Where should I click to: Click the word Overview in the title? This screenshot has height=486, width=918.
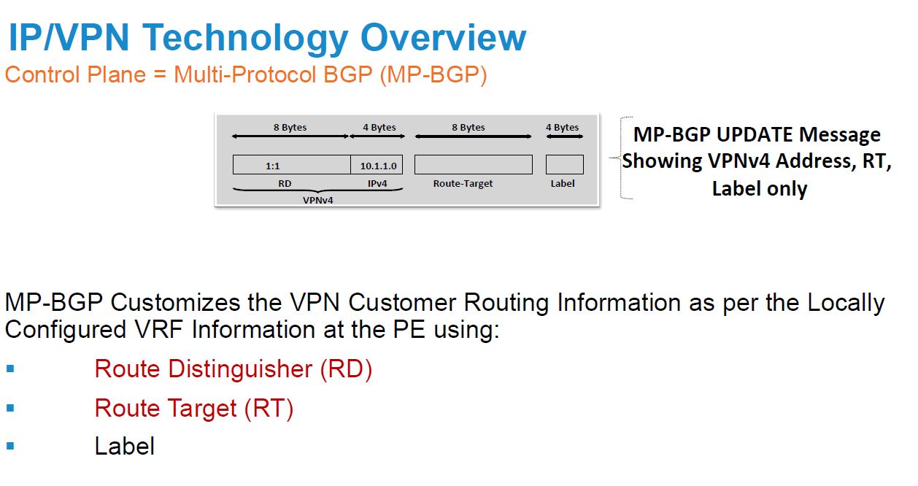(443, 37)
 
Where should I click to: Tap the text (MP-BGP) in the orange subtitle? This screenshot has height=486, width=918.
(433, 75)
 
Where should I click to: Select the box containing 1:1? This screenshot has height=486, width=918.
(291, 165)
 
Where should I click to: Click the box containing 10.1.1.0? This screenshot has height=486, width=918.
(377, 165)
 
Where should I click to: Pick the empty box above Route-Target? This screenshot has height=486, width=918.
(474, 165)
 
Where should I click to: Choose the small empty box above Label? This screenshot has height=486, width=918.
(564, 165)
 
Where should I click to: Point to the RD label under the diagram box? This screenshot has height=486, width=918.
(285, 184)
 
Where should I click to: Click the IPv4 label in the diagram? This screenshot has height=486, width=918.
(377, 184)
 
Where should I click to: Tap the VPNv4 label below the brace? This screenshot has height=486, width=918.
(317, 201)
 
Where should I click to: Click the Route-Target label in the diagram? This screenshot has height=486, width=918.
(463, 184)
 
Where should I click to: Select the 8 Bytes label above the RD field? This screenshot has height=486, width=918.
(290, 128)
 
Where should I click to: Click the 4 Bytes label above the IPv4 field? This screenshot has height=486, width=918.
(379, 128)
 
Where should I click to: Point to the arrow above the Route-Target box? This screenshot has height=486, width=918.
(474, 136)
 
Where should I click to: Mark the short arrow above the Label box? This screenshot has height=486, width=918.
(564, 136)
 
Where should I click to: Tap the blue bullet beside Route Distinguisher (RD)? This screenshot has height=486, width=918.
(10, 369)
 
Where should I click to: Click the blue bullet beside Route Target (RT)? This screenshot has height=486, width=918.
(10, 408)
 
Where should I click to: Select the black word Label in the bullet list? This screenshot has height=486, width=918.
(124, 446)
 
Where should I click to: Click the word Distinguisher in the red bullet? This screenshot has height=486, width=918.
(240, 369)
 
